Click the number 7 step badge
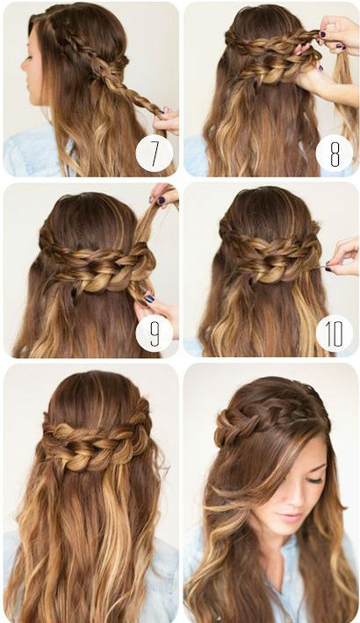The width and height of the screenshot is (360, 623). [155, 154]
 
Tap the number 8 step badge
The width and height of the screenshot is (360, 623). [335, 154]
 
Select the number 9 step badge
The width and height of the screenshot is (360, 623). [155, 333]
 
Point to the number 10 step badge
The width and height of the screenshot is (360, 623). [335, 333]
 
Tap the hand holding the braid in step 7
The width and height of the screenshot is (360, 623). [167, 119]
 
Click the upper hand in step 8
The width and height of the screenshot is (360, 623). [338, 32]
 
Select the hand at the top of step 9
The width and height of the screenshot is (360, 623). [164, 196]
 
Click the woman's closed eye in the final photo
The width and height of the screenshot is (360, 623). [315, 480]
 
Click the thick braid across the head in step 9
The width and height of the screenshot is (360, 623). [97, 264]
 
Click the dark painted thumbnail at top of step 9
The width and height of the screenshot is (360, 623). [161, 201]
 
